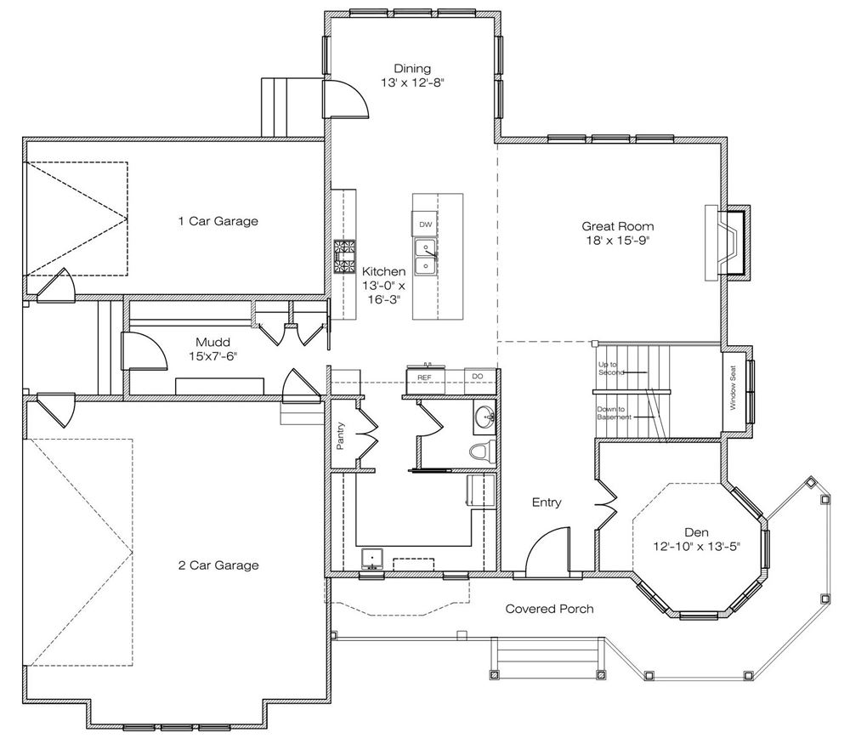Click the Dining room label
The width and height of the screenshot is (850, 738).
(412, 68)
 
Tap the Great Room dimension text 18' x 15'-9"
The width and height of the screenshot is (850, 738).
(617, 241)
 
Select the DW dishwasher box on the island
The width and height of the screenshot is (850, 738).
(425, 224)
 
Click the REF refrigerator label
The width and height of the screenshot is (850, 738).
(424, 378)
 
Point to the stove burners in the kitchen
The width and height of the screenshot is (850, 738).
(344, 257)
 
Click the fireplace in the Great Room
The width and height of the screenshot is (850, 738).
(728, 242)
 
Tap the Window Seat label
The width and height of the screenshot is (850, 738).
(733, 388)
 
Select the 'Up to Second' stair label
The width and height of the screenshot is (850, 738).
(611, 369)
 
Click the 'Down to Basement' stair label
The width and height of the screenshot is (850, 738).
(614, 413)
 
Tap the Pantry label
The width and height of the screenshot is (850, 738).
(341, 436)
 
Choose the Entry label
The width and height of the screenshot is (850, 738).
(547, 502)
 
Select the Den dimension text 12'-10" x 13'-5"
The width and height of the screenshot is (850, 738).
(697, 547)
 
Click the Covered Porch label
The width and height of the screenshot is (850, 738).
(549, 609)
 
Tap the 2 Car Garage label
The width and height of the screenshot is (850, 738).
(218, 565)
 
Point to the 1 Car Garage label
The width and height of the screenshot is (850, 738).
(218, 221)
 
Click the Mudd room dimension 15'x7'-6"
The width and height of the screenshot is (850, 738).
(213, 356)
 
